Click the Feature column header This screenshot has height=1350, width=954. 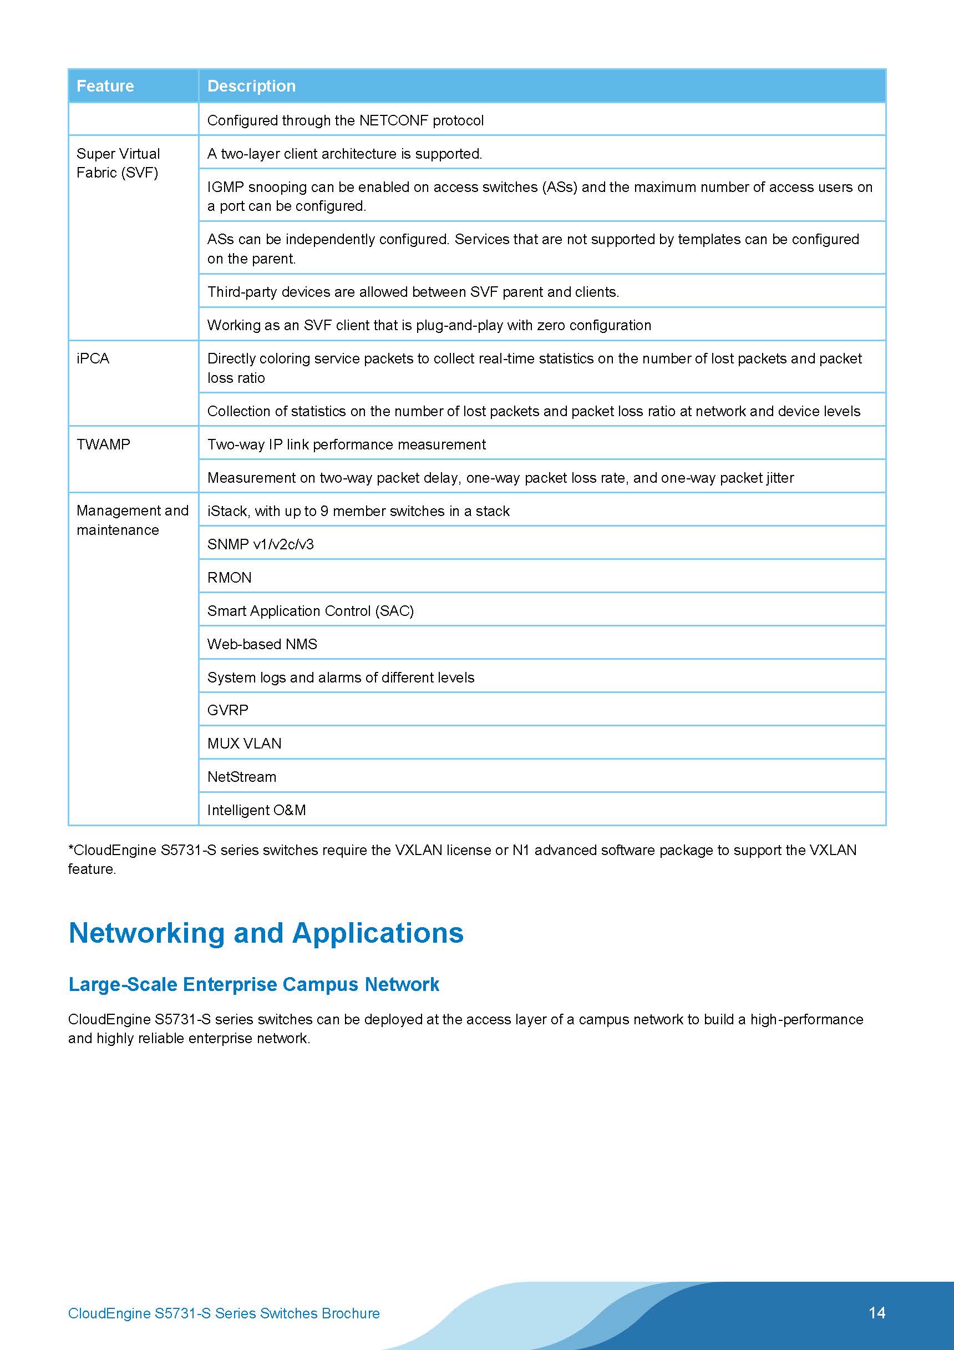[x=105, y=87]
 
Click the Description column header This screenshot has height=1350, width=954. [x=251, y=87]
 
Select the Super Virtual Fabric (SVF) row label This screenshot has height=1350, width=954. [x=118, y=163]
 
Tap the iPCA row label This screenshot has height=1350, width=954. [x=93, y=358]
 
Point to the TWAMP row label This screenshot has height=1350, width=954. [x=104, y=444]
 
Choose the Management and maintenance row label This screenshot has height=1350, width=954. [x=132, y=520]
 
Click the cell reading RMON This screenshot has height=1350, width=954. [x=229, y=578]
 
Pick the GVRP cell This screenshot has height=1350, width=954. [x=228, y=710]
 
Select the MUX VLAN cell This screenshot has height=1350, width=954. [x=245, y=744]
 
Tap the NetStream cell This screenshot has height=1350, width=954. [x=242, y=777]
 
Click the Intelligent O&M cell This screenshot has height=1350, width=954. [x=256, y=810]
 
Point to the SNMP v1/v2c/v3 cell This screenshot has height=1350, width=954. [x=260, y=544]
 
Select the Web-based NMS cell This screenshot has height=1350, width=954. [x=262, y=644]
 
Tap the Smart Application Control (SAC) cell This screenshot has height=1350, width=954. [x=311, y=611]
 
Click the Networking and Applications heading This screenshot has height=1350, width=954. [x=266, y=933]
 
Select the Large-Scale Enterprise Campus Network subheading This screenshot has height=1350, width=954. [x=253, y=984]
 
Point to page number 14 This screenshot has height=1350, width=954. [x=876, y=1313]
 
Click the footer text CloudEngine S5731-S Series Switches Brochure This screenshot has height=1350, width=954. [x=224, y=1313]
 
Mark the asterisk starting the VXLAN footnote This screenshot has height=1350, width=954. [x=71, y=848]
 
